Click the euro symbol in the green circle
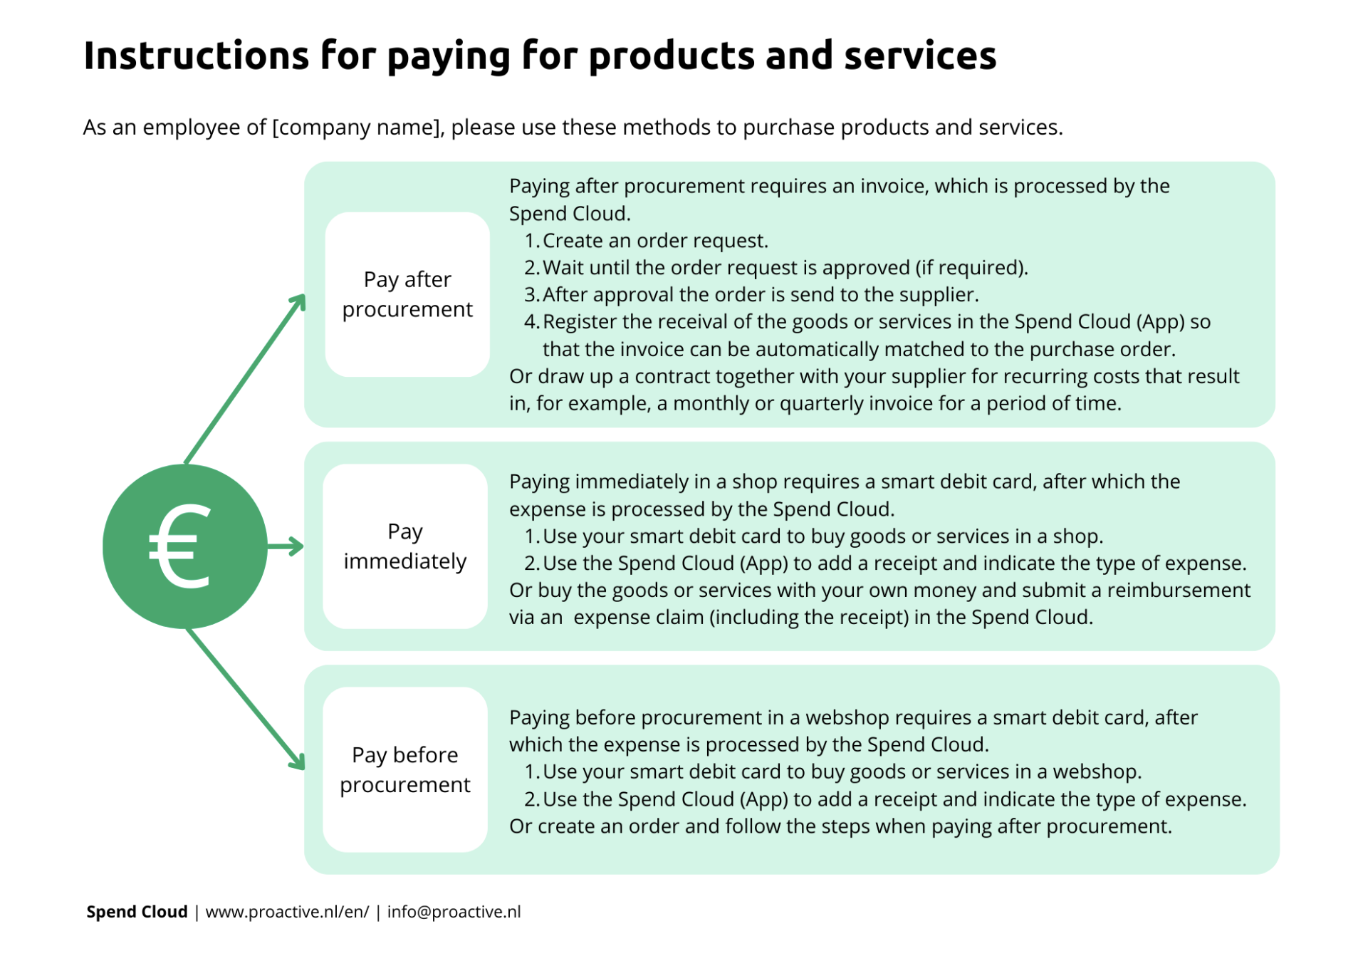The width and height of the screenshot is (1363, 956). tap(180, 546)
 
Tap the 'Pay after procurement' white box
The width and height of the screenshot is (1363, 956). tap(407, 294)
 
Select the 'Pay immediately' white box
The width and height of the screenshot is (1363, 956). tap(405, 546)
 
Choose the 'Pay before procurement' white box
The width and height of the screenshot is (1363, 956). tap(405, 769)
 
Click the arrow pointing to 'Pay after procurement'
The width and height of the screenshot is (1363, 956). tap(245, 379)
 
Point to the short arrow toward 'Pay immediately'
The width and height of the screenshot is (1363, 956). tap(286, 547)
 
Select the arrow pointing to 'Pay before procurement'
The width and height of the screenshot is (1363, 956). tap(246, 699)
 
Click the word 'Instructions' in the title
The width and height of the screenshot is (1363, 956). tap(196, 56)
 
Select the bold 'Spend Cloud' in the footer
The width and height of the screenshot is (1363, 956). tap(137, 912)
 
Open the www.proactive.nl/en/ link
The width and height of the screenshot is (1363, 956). tap(287, 912)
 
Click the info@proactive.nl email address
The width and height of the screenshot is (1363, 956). tap(454, 912)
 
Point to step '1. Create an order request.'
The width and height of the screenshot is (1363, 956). tap(646, 241)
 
